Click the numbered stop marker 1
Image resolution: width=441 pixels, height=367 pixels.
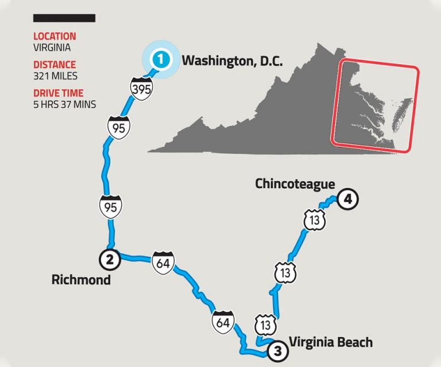tap(161, 59)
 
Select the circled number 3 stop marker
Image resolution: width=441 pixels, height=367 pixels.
tap(277, 351)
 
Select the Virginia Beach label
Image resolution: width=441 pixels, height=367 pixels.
tap(331, 342)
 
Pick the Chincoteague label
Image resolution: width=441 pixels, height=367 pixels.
tap(295, 183)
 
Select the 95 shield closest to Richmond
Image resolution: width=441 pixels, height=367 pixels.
tap(111, 206)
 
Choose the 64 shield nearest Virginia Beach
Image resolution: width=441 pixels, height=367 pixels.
tap(223, 323)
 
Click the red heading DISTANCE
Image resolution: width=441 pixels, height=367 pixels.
tap(54, 65)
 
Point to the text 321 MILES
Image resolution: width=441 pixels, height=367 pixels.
tap(55, 76)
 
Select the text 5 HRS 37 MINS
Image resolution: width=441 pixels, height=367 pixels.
tap(64, 104)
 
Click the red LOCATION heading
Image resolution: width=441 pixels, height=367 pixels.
tap(55, 37)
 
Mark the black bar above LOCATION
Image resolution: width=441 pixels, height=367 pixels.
tap(64, 18)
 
